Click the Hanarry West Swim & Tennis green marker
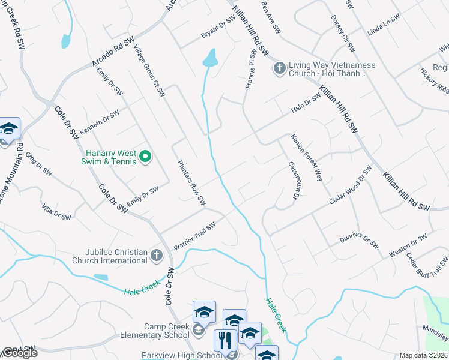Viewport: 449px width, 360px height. coord(145,157)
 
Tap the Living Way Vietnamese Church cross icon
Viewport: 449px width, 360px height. coord(279,68)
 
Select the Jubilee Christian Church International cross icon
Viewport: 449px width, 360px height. coord(156,256)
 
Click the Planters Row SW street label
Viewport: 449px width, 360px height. coord(191,181)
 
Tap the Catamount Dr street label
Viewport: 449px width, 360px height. coord(293,180)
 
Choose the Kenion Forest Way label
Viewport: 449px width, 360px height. coord(307,158)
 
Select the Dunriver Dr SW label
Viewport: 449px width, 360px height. coord(358,242)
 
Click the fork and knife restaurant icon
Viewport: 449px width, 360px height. coord(225,340)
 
